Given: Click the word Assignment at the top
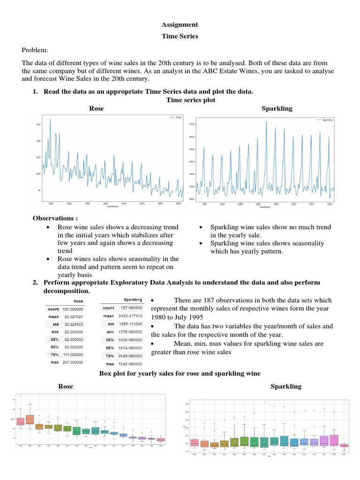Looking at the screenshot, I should (180, 25).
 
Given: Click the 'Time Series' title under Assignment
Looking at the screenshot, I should (180, 37).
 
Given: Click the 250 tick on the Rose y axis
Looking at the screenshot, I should (37, 124).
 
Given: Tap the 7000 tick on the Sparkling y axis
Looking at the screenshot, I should (191, 124).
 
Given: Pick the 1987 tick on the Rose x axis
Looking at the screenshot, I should (105, 203).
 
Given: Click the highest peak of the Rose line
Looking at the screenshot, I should (50, 119).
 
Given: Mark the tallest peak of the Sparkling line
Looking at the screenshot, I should (266, 121).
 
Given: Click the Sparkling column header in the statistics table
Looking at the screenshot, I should (134, 299).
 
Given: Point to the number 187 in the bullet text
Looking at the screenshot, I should (217, 300).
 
